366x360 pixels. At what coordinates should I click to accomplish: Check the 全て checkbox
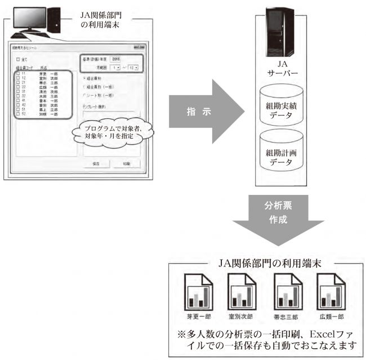click(18, 59)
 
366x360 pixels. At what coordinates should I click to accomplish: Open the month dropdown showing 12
click(133, 67)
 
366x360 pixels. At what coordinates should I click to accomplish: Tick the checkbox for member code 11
click(18, 73)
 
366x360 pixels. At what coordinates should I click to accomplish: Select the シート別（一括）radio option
click(84, 96)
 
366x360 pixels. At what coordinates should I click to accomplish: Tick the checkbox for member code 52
click(18, 113)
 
